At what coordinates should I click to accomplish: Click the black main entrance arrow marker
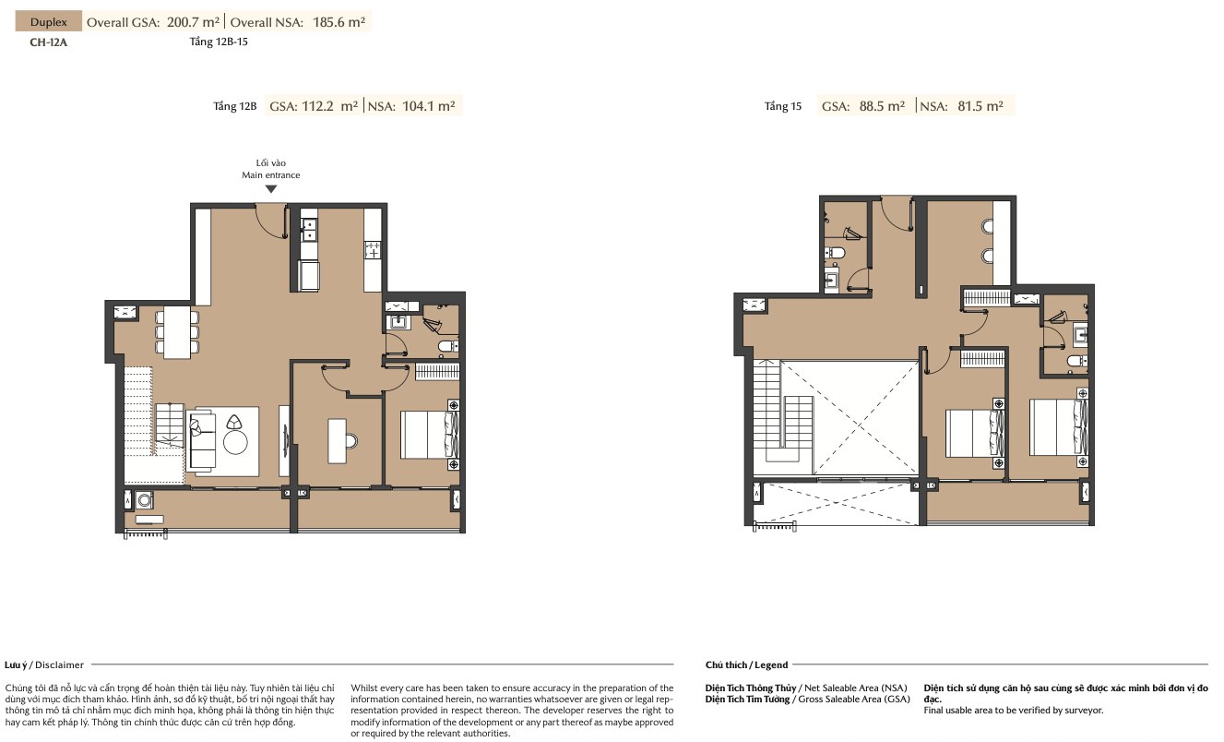pos(271,189)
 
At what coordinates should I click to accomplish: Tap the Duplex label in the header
pos(49,22)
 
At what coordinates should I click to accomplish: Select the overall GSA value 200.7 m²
pos(193,22)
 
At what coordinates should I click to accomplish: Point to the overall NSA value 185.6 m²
pos(339,22)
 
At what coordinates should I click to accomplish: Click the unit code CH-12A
pos(49,42)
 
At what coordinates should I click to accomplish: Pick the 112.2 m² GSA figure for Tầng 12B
pos(329,105)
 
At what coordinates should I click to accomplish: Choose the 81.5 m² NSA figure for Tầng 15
pos(980,105)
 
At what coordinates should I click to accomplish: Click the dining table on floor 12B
pos(177,332)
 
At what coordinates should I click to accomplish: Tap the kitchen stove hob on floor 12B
pos(373,250)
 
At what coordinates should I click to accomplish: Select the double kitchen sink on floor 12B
pos(309,229)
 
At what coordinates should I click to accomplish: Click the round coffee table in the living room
pos(235,442)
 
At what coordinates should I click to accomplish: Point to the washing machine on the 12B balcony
pos(145,500)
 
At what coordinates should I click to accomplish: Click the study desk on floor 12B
pos(338,441)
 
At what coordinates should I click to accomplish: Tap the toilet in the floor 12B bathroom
pos(448,346)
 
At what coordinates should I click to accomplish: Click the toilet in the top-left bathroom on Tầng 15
pos(835,253)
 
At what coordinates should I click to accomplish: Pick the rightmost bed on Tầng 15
pos(1058,427)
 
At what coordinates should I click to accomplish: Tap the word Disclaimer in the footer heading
pos(60,664)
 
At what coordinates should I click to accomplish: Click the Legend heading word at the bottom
pos(771,664)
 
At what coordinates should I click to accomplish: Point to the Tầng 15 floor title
pos(782,106)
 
